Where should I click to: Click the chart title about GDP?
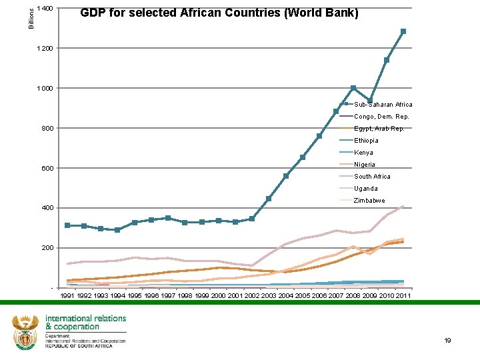(x=219, y=13)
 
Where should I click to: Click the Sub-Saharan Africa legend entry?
(x=383, y=105)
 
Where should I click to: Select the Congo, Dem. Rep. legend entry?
(x=381, y=117)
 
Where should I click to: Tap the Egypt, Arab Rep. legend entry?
(x=379, y=129)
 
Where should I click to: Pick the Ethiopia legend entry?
(x=366, y=141)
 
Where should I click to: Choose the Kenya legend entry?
(x=363, y=153)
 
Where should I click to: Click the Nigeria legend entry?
(x=365, y=165)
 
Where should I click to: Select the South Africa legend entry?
(x=372, y=177)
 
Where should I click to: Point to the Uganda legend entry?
(x=365, y=189)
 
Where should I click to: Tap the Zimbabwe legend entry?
(x=369, y=201)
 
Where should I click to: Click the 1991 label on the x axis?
(x=67, y=295)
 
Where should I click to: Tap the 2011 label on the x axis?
(x=403, y=295)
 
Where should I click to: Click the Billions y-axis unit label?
(x=31, y=15)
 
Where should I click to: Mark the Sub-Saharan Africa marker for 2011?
(x=403, y=31)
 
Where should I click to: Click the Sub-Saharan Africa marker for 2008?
(x=353, y=88)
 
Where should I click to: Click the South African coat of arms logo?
(x=25, y=331)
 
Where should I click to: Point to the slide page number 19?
(x=447, y=341)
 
